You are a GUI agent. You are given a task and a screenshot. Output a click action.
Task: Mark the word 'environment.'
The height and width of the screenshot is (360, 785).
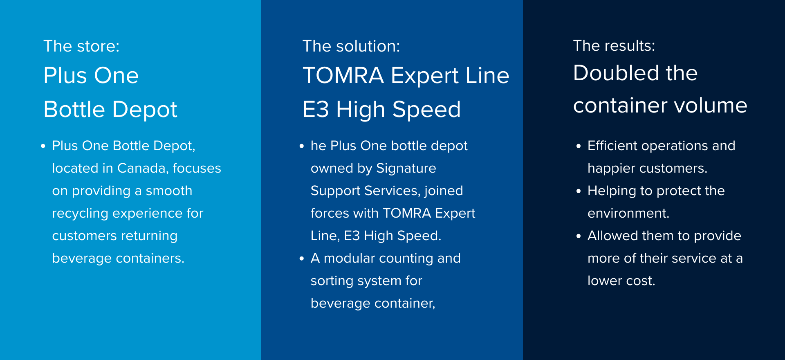(628, 213)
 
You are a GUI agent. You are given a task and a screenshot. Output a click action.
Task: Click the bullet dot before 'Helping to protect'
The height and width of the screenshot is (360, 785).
(578, 191)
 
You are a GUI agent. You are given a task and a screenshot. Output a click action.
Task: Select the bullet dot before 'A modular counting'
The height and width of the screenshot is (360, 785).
(302, 259)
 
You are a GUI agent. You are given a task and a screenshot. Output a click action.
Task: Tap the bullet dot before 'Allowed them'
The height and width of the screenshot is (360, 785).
(578, 236)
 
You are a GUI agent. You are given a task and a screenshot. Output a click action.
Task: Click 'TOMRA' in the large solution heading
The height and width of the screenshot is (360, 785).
(343, 76)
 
